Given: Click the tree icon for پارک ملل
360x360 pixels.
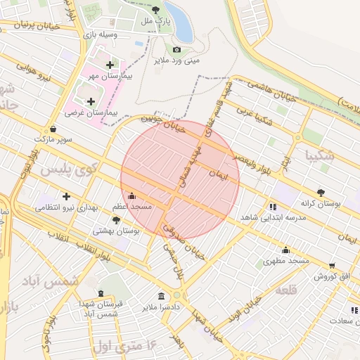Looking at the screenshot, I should [156, 11].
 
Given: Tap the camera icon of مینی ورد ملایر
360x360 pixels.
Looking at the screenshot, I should [176, 49].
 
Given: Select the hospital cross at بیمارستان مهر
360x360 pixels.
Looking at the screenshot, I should [110, 65].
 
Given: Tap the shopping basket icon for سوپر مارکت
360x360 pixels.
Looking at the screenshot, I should [53, 129].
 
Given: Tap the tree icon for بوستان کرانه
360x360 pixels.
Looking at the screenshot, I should [321, 192].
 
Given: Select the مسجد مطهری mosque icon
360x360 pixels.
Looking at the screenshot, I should [285, 250].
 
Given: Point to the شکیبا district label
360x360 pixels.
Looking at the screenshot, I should [320, 154].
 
